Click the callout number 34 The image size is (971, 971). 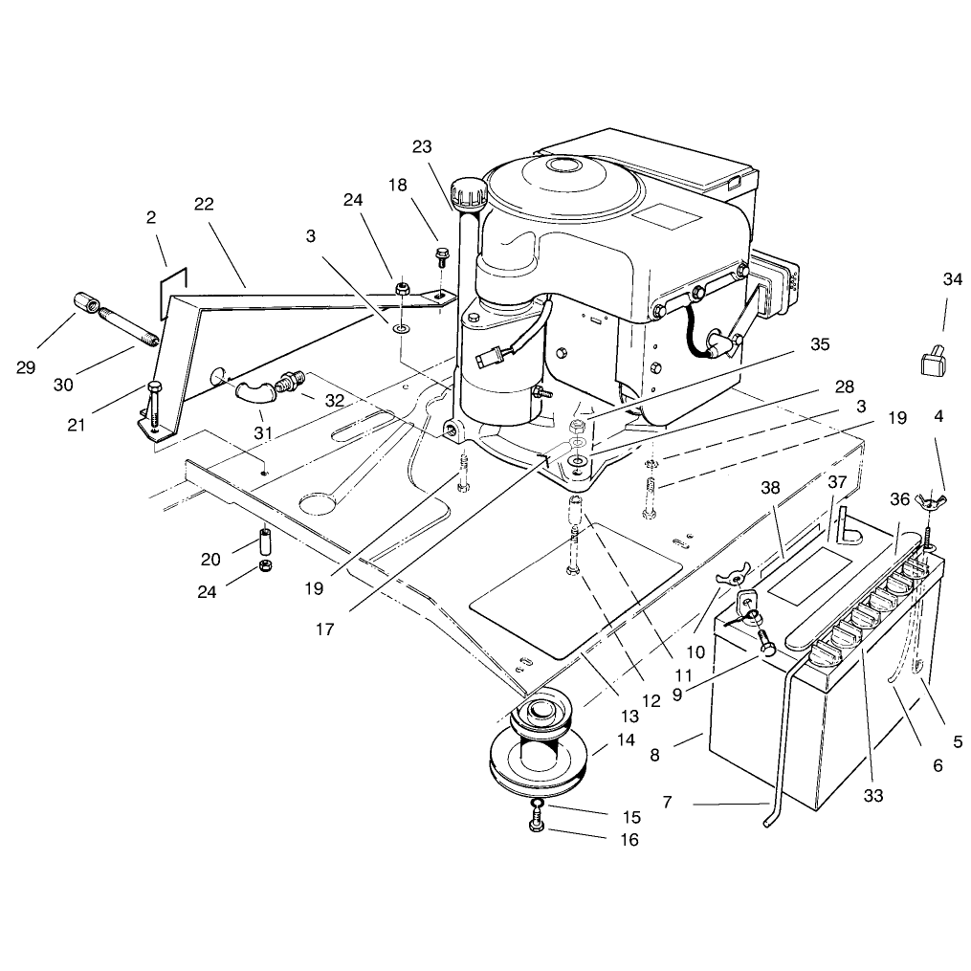pos(953,279)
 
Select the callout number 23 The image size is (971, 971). pos(422,146)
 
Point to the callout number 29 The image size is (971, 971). pos(26,367)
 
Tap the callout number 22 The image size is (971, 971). pos(204,204)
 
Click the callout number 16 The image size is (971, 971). pos(629,840)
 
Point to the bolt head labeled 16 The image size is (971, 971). pos(537,826)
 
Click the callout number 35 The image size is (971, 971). pos(820,344)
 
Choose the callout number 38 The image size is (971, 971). pos(770,488)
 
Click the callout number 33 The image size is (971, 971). pos(873,795)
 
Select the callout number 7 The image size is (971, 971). pos(667,802)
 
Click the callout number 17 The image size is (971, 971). pos(324,629)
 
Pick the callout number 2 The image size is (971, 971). pos(151,217)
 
